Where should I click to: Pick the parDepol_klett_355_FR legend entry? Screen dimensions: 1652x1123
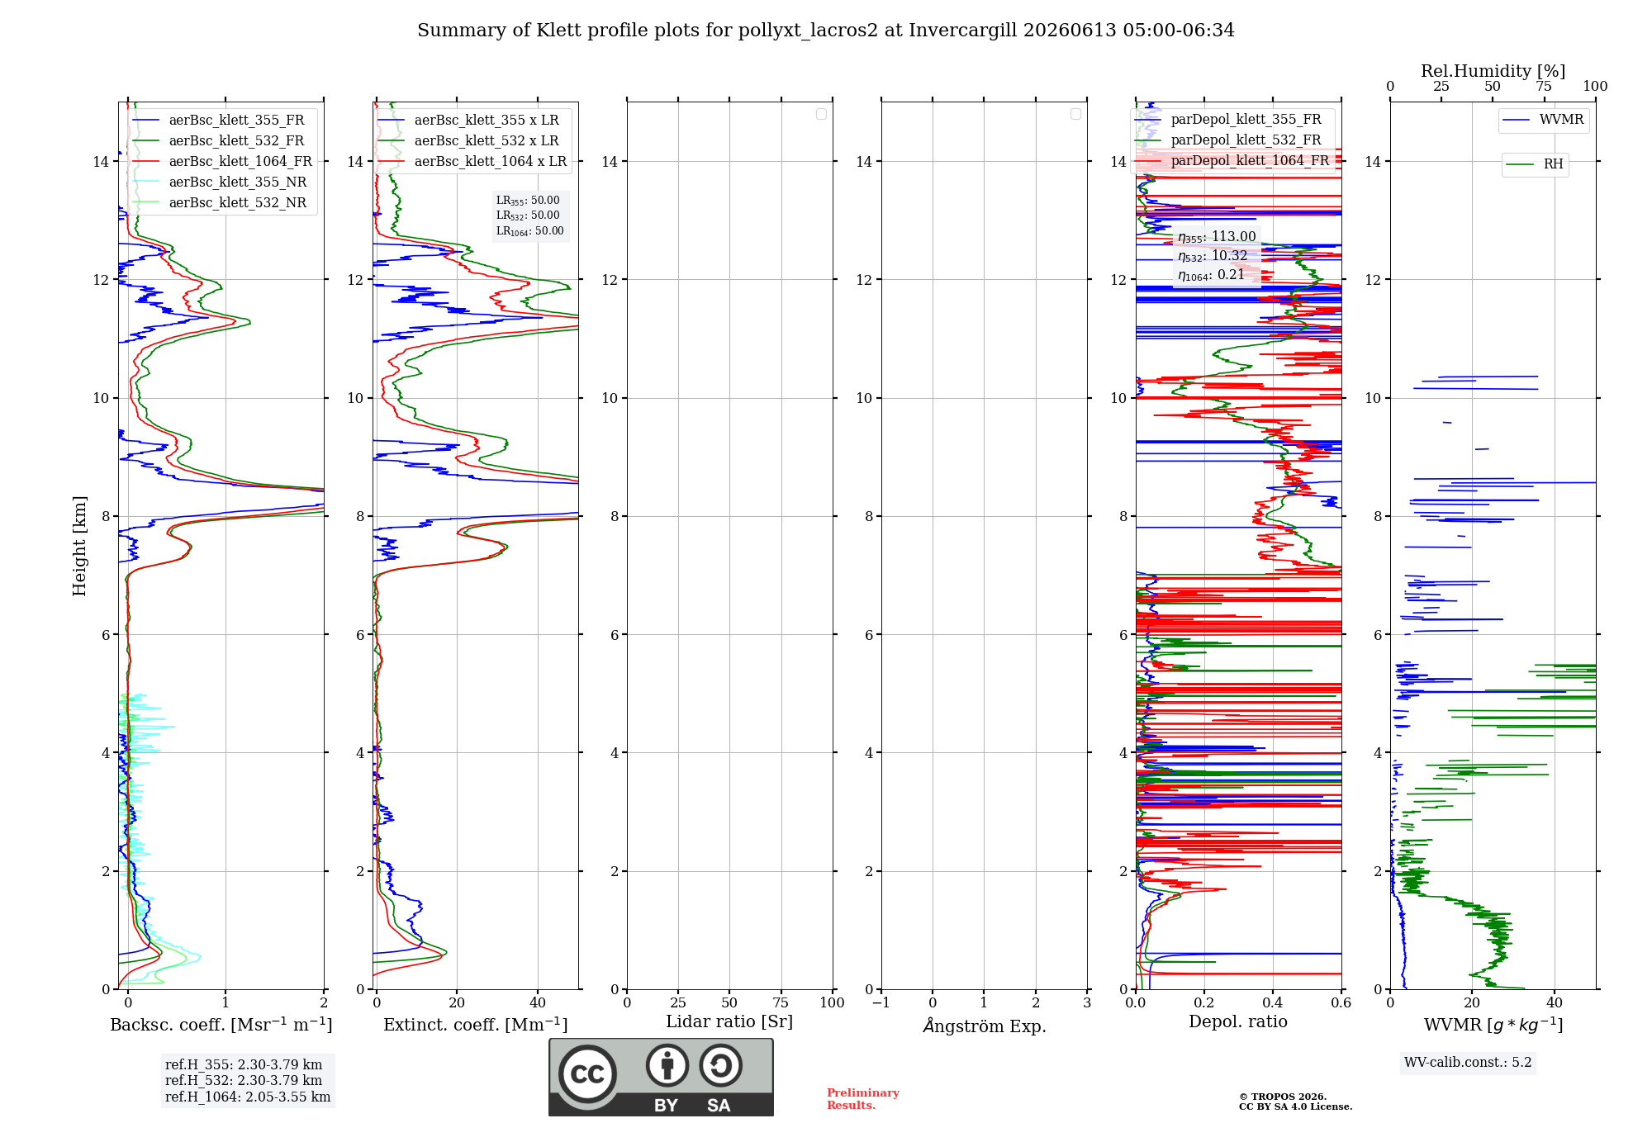(x=1228, y=120)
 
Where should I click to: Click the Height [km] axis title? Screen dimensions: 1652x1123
(x=79, y=546)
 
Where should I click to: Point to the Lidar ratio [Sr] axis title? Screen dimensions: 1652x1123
(x=729, y=1022)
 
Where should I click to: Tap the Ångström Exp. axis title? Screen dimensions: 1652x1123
(x=985, y=1026)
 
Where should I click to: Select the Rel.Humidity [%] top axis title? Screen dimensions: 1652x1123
(x=1493, y=71)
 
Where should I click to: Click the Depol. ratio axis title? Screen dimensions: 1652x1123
(x=1238, y=1022)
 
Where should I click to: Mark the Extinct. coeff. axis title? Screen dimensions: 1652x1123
(x=476, y=1025)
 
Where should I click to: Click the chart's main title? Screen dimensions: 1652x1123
(x=826, y=31)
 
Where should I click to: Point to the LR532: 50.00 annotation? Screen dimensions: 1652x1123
(x=528, y=216)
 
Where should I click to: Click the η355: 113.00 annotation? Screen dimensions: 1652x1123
(x=1217, y=237)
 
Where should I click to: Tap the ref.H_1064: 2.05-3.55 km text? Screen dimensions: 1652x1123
(x=248, y=1097)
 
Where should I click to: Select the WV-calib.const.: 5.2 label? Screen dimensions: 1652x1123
(x=1468, y=1063)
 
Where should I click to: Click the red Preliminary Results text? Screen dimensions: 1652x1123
(x=863, y=1099)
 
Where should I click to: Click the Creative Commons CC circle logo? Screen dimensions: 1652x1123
(x=587, y=1074)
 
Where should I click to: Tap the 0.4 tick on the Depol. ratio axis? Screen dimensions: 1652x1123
(x=1273, y=1003)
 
